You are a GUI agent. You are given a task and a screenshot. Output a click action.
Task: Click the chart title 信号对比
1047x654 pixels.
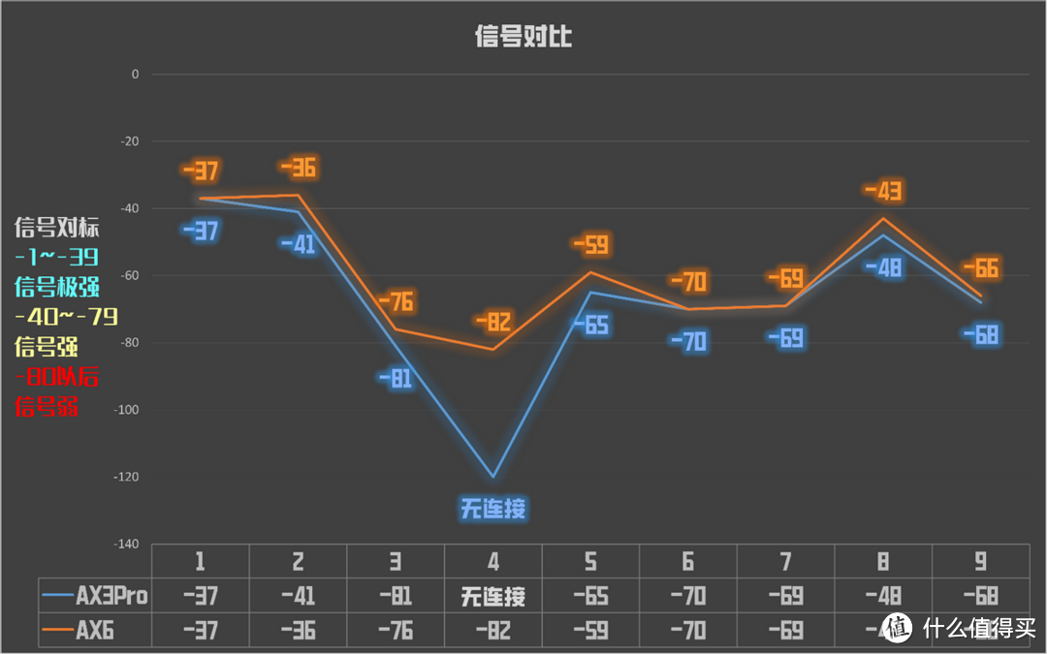click(x=523, y=37)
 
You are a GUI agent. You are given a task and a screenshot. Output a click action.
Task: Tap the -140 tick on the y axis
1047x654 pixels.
click(x=128, y=545)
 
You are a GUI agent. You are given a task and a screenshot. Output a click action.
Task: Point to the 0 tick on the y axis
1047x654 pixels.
click(x=135, y=74)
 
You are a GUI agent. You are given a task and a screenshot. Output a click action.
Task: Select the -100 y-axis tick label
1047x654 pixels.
click(x=128, y=410)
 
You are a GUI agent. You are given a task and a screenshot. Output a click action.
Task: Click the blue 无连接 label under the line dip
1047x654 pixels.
click(x=492, y=508)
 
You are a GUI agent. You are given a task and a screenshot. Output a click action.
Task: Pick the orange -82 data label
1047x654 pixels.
click(x=492, y=322)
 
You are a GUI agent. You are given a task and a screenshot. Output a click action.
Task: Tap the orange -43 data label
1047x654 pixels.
click(x=882, y=191)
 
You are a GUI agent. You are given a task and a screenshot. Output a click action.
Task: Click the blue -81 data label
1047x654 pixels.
click(x=395, y=379)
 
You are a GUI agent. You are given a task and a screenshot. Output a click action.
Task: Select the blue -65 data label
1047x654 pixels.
click(x=590, y=325)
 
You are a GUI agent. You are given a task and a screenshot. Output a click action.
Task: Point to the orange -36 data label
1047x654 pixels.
click(x=298, y=168)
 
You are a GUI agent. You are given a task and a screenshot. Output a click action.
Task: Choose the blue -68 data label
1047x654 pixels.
click(x=980, y=335)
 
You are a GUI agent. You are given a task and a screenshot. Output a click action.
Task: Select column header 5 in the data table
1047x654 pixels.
click(x=590, y=561)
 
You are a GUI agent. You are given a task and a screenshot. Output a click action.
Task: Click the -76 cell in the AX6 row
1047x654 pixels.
click(x=395, y=632)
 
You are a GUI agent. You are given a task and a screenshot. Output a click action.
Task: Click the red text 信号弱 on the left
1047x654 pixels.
click(x=47, y=407)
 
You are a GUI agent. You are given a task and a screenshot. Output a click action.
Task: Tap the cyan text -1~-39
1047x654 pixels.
click(x=57, y=257)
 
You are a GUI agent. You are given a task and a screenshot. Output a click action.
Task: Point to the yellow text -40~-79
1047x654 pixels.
click(x=66, y=317)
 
